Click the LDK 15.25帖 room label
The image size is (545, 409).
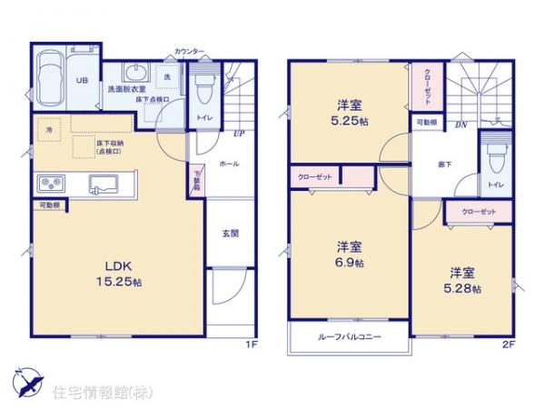pyautogui.click(x=119, y=273)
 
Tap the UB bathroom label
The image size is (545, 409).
pyautogui.click(x=82, y=80)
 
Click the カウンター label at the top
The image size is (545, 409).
pyautogui.click(x=189, y=52)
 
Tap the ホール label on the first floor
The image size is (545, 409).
pyautogui.click(x=229, y=165)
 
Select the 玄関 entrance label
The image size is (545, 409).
pyautogui.click(x=231, y=234)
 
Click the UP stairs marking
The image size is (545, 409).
pyautogui.click(x=238, y=134)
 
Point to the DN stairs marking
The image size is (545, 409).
pyautogui.click(x=461, y=125)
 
